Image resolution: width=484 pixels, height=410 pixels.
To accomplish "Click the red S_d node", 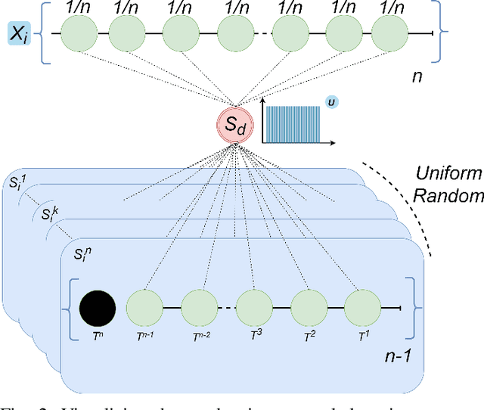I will (235, 125).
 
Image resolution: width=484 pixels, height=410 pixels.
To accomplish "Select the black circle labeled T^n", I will (97, 308).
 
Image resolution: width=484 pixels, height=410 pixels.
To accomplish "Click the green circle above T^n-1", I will (144, 308).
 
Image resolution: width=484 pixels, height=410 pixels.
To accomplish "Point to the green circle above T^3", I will (254, 308).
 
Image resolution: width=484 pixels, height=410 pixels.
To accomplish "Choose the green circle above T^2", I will (309, 308).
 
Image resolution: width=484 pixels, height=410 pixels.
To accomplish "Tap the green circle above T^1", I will (362, 308).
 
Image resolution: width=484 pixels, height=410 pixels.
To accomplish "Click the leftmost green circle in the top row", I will (79, 33).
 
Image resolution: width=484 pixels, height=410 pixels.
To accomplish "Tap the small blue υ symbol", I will (330, 100).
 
